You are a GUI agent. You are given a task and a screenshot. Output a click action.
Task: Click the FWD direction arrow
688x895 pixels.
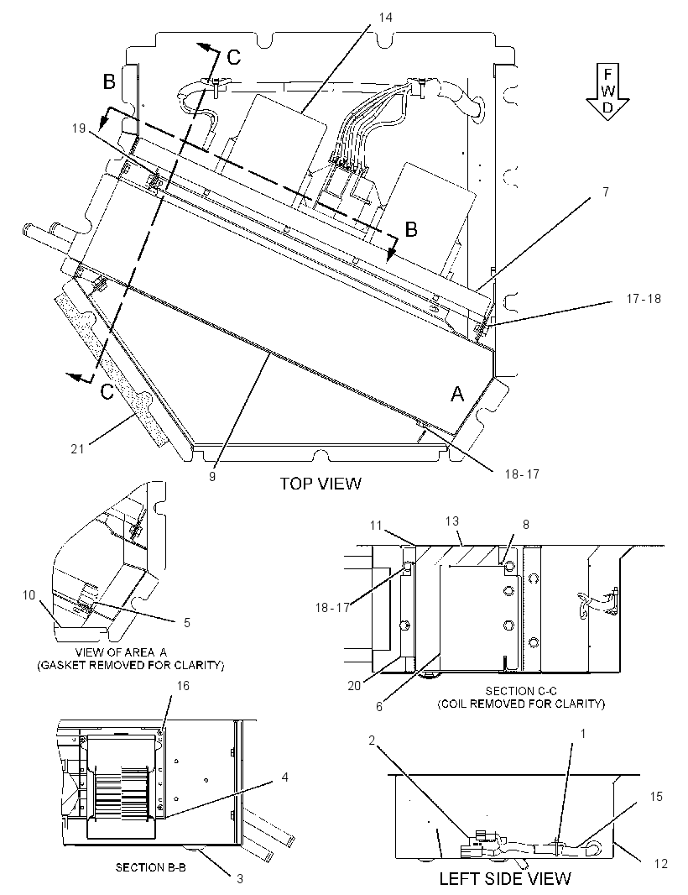coord(607,92)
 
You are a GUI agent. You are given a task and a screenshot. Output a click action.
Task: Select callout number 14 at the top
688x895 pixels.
coord(385,18)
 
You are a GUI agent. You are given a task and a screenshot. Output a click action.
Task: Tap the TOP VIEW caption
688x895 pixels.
coord(320,484)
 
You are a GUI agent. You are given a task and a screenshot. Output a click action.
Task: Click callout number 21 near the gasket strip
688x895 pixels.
coord(77,448)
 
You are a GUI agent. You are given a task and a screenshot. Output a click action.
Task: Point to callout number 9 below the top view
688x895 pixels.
coord(212,476)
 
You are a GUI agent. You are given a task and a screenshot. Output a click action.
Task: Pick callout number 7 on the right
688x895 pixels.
coord(606,191)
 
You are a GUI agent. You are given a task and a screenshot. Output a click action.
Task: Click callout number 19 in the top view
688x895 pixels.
coord(79,128)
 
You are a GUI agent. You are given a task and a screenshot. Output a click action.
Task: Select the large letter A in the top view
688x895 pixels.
coord(457,393)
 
